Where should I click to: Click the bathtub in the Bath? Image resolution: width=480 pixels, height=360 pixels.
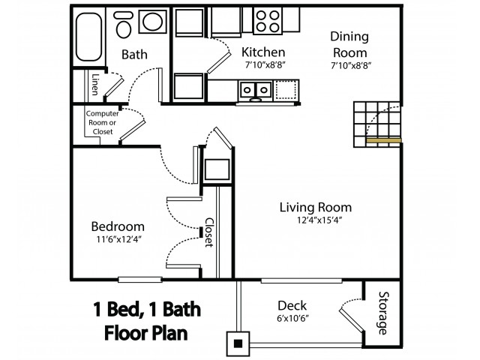pyautogui.click(x=88, y=37)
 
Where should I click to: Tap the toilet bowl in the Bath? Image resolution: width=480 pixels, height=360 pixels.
pyautogui.click(x=124, y=29)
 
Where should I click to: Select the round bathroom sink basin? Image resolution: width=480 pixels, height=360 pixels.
pyautogui.click(x=152, y=22)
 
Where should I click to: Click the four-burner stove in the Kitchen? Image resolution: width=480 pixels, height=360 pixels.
pyautogui.click(x=268, y=21)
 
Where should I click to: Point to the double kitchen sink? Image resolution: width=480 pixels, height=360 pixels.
pyautogui.click(x=256, y=91)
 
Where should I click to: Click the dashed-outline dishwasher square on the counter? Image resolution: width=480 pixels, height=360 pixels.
pyautogui.click(x=286, y=89)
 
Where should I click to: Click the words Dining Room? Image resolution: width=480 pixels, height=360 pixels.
pyautogui.click(x=349, y=44)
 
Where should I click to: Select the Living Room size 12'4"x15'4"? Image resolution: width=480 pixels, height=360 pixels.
pyautogui.click(x=319, y=220)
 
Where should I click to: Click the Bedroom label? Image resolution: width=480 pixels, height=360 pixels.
pyautogui.click(x=118, y=226)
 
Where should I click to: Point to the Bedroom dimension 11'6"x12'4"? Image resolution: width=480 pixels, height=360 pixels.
pyautogui.click(x=119, y=239)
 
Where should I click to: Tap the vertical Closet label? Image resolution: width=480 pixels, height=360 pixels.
pyautogui.click(x=209, y=232)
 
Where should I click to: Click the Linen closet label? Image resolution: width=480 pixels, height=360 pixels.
pyautogui.click(x=95, y=85)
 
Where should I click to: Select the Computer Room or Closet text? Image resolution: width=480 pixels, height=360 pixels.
pyautogui.click(x=102, y=122)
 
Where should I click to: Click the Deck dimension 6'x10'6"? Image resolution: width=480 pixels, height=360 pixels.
pyautogui.click(x=292, y=319)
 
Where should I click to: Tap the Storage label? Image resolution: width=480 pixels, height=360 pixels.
pyautogui.click(x=383, y=313)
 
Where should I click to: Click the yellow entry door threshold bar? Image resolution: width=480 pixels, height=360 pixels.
pyautogui.click(x=383, y=140)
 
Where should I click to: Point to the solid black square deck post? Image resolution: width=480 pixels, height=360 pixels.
pyautogui.click(x=238, y=343)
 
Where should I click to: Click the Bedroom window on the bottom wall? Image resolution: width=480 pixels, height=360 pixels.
pyautogui.click(x=140, y=280)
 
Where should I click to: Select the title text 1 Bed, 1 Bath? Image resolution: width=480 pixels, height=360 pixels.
pyautogui.click(x=147, y=309)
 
